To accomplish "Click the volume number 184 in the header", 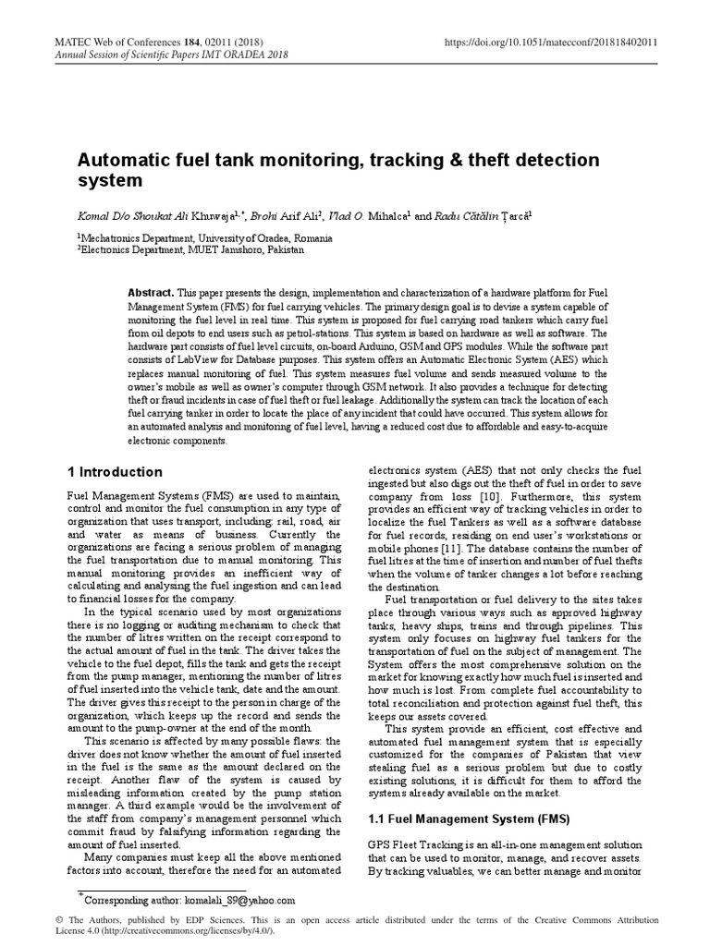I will (x=191, y=42).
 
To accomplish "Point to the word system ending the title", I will (x=109, y=181).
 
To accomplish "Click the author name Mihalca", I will (x=391, y=215).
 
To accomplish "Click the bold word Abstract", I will (x=151, y=291).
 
